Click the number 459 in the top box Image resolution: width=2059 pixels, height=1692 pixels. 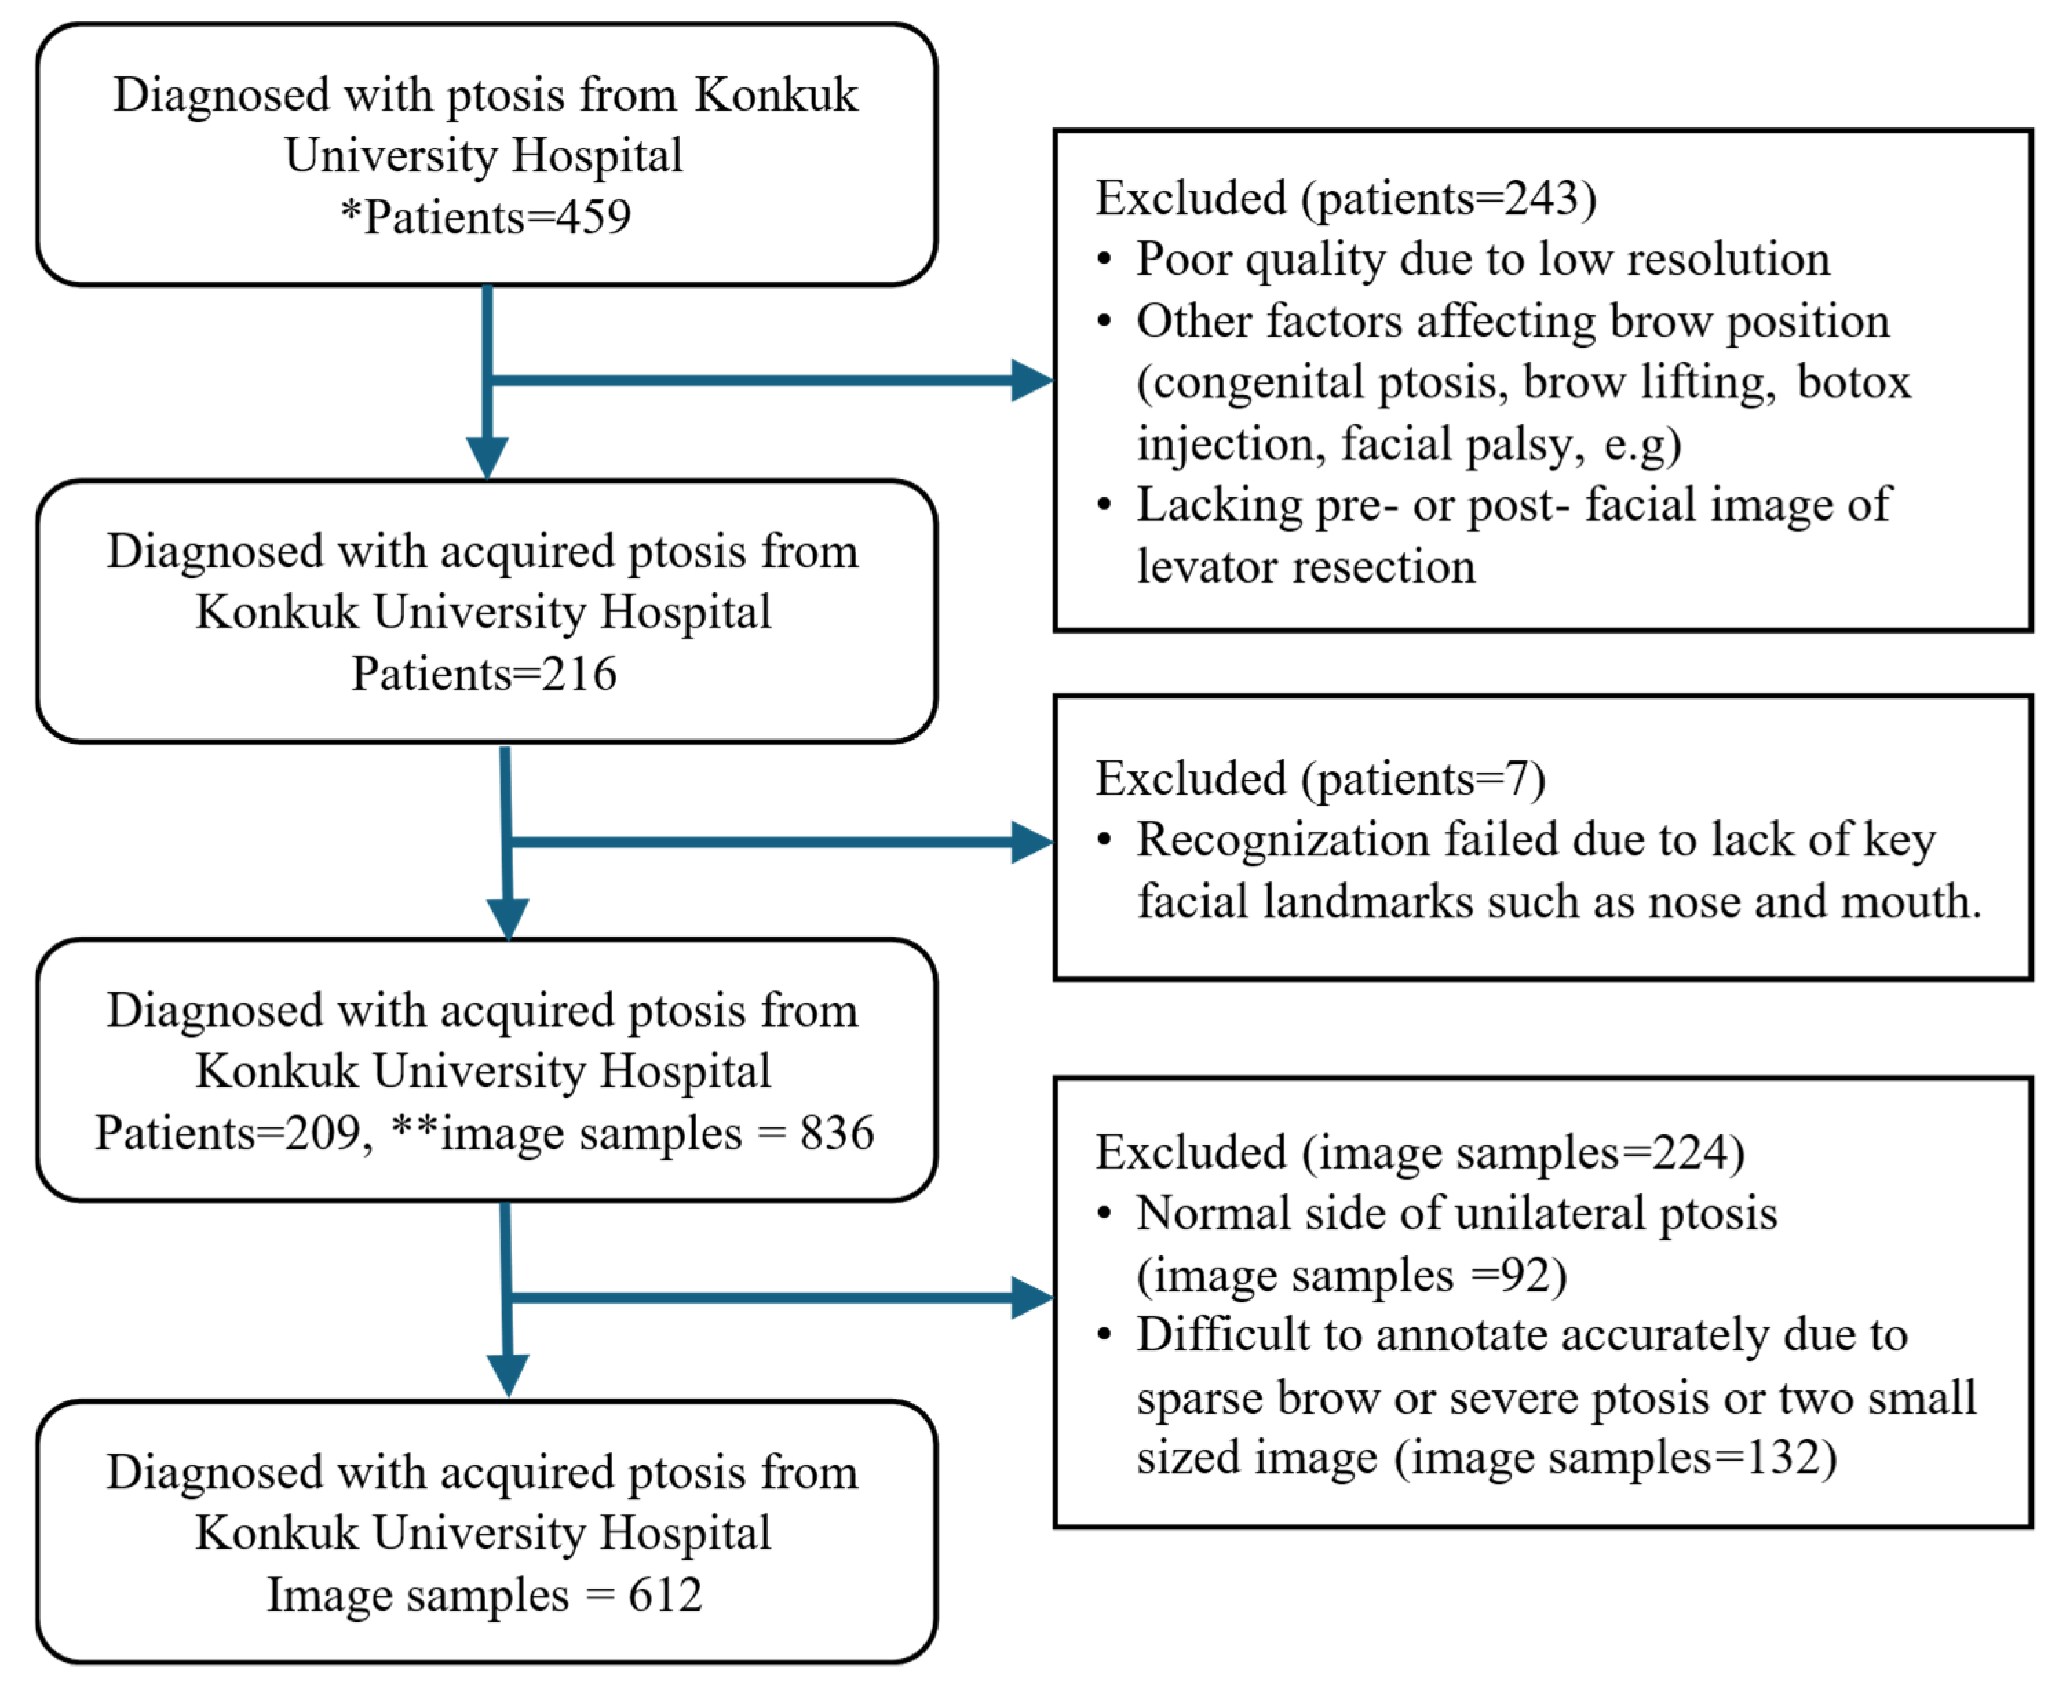(x=594, y=216)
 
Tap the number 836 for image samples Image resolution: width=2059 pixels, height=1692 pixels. (x=837, y=1133)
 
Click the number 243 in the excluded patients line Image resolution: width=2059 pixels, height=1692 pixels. (x=1542, y=198)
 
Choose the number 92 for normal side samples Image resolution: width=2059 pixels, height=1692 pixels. (x=1528, y=1275)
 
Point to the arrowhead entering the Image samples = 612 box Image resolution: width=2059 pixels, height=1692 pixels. (x=508, y=1375)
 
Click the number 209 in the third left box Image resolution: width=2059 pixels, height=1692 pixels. (x=322, y=1133)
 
